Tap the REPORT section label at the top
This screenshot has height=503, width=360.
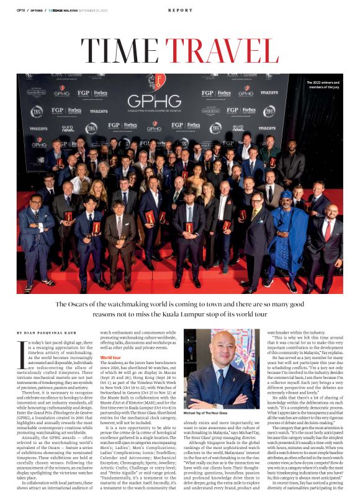pyautogui.click(x=180, y=11)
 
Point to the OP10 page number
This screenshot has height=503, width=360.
pyautogui.click(x=21, y=11)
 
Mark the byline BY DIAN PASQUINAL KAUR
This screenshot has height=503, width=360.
pyautogui.click(x=45, y=333)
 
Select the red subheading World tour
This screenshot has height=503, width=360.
pyautogui.click(x=110, y=358)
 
